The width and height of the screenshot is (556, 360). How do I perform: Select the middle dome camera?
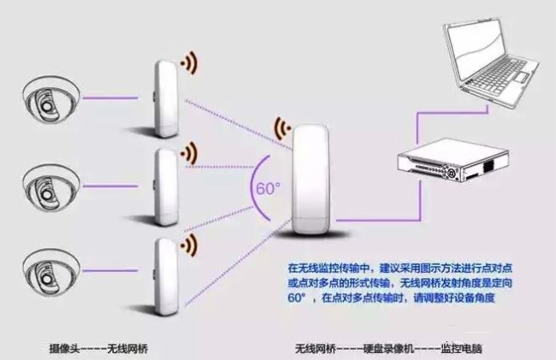tap(50, 188)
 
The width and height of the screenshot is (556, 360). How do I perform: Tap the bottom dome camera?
tap(50, 273)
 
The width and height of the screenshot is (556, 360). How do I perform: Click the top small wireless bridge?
tap(166, 99)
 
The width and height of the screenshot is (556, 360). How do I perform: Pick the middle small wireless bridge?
tap(166, 187)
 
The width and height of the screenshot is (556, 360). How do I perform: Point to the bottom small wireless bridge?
tap(166, 276)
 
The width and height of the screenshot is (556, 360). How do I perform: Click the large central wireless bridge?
tap(311, 180)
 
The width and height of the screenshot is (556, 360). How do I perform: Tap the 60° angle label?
tap(268, 188)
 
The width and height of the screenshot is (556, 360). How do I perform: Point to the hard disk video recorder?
tap(453, 161)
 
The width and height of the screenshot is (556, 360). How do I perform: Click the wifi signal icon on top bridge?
tap(189, 63)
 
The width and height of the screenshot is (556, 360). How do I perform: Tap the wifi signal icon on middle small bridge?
tap(189, 153)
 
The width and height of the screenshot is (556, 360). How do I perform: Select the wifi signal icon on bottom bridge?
tap(189, 245)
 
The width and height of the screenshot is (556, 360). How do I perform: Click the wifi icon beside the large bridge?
tap(282, 128)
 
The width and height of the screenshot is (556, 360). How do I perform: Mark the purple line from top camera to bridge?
tap(110, 98)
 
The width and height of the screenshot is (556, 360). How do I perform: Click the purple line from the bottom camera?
tap(110, 271)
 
